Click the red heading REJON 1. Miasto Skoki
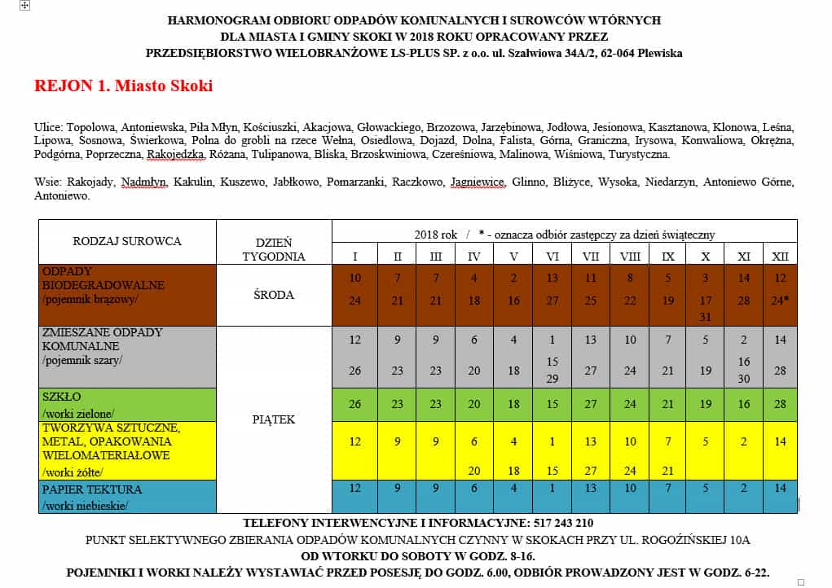[x=123, y=86]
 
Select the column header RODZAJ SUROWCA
[x=127, y=241]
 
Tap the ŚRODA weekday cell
[x=274, y=294]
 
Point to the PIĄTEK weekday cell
[x=274, y=419]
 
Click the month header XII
[x=780, y=257]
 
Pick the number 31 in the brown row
[x=706, y=316]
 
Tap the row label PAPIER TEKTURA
[x=91, y=489]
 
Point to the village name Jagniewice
[x=478, y=182]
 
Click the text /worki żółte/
[x=73, y=472]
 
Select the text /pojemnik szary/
[x=81, y=360]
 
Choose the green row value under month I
[x=354, y=404]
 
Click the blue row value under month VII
[x=590, y=489]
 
